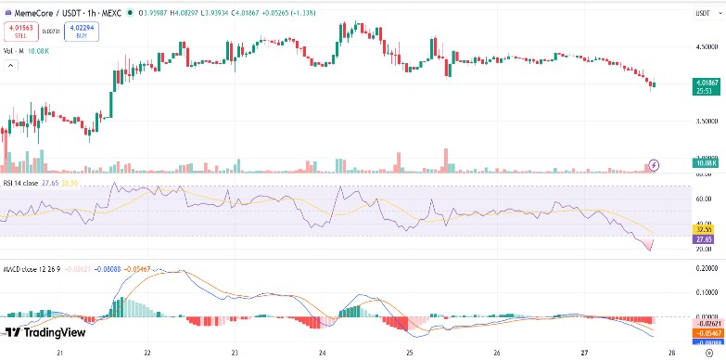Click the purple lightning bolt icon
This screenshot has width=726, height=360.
pos(654,164)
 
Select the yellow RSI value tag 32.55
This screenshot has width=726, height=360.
pos(704,227)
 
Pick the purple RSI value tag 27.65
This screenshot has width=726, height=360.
pos(704,238)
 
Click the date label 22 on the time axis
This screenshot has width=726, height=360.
pos(147,354)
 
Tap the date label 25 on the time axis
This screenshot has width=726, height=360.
pos(410,354)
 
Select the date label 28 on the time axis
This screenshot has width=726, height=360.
pos(672,354)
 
